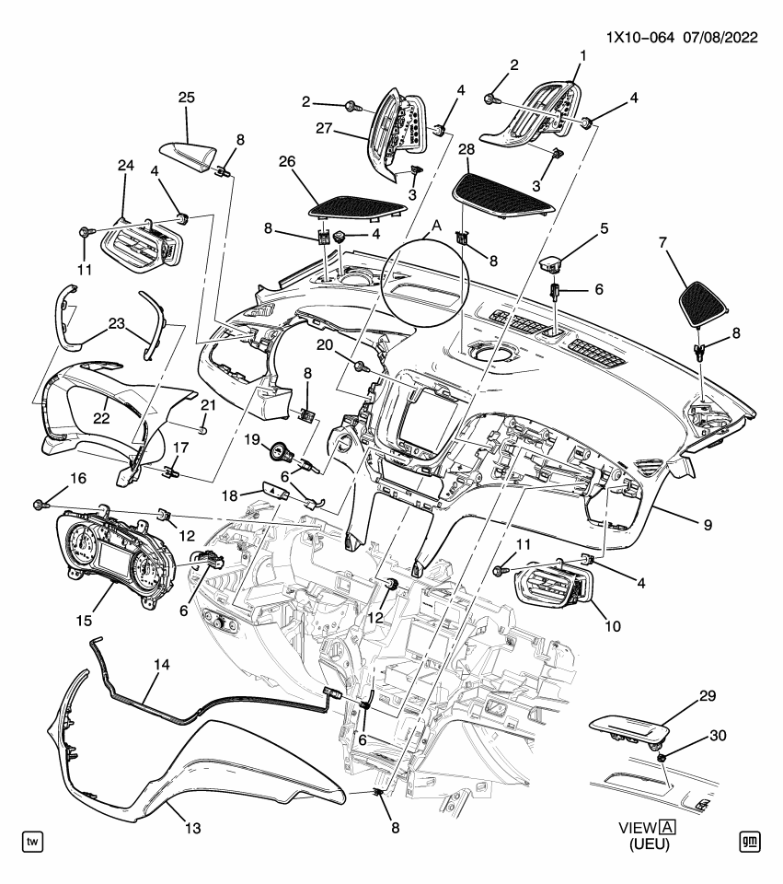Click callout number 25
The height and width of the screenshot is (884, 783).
[x=186, y=98]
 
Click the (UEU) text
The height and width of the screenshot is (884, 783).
[x=649, y=844]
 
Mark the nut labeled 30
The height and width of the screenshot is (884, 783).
[x=662, y=756]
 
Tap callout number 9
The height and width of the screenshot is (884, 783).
[x=707, y=526]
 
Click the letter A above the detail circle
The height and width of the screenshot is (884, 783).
[x=437, y=226]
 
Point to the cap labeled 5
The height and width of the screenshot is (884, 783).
[x=553, y=264]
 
